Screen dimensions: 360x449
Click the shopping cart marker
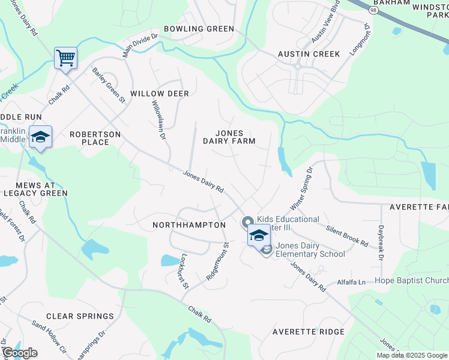tap(65, 59)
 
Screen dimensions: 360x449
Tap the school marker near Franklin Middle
tap(40, 137)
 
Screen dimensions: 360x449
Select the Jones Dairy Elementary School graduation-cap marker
tap(259, 235)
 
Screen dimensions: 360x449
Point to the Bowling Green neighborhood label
tap(199, 28)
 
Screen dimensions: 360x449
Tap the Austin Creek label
tap(309, 54)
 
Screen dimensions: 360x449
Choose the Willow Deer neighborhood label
tap(160, 94)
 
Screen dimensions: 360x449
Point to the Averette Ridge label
tap(309, 332)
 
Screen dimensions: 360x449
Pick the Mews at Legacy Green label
tap(35, 188)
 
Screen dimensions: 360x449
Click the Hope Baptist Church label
tap(411, 280)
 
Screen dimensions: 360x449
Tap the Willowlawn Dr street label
tap(158, 119)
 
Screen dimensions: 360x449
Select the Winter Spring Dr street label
tap(302, 189)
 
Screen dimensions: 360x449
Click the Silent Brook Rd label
tap(347, 236)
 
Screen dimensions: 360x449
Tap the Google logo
tap(19, 353)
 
